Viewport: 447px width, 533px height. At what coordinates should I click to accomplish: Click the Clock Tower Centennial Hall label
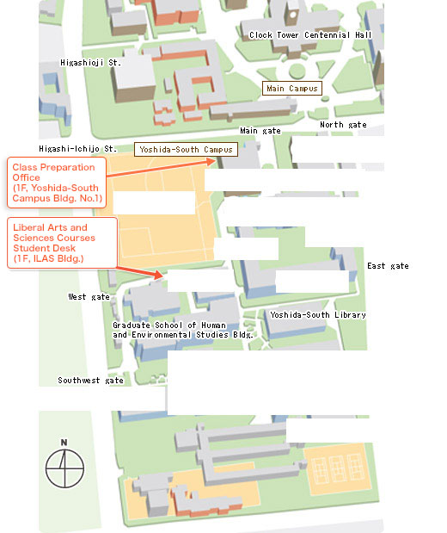(x=310, y=35)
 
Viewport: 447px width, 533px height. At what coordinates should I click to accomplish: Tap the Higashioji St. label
(x=90, y=63)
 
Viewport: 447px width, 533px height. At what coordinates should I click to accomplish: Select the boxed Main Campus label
(x=292, y=89)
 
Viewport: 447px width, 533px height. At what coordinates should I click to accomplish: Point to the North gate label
(x=343, y=125)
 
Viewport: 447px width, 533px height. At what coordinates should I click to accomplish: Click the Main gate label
(x=260, y=131)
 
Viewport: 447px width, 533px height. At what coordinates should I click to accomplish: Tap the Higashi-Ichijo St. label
(x=77, y=149)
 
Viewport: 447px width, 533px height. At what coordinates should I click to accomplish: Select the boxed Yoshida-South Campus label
(x=186, y=150)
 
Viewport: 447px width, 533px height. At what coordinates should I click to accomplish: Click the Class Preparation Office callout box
(x=57, y=183)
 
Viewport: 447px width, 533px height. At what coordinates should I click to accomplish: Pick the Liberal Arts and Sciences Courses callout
(x=63, y=243)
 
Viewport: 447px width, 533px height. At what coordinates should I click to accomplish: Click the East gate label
(x=388, y=266)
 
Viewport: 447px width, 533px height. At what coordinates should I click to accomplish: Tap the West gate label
(x=89, y=297)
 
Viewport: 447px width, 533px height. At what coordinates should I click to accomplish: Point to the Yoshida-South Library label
(x=318, y=315)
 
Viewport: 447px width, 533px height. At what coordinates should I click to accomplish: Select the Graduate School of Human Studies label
(x=183, y=330)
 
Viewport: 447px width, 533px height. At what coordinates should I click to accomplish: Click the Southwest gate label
(x=90, y=381)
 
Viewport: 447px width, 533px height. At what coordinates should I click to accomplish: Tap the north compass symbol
(x=64, y=468)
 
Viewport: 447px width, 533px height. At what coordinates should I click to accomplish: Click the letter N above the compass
(x=64, y=443)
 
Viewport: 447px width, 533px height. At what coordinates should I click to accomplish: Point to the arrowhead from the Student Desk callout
(x=159, y=275)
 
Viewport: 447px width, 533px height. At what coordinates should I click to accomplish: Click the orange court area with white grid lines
(x=337, y=469)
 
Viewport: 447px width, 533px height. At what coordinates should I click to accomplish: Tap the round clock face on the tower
(x=292, y=15)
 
